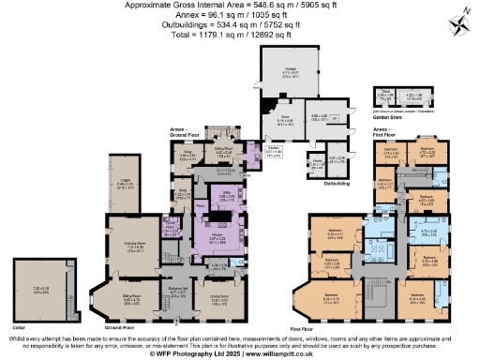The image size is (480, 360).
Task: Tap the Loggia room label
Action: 124,187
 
